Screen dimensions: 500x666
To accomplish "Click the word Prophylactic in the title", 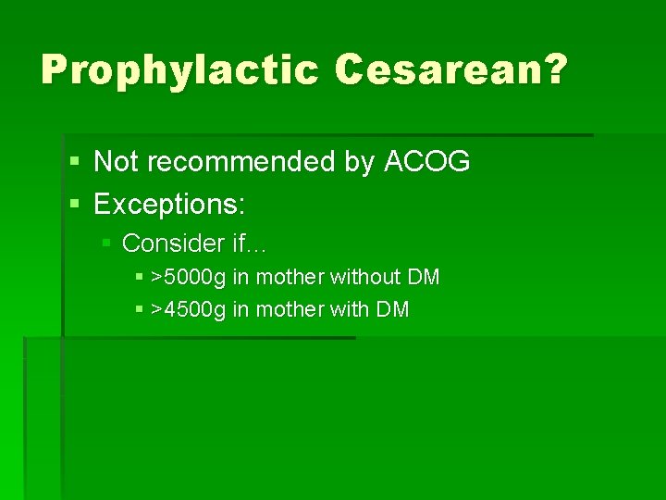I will pyautogui.click(x=179, y=69).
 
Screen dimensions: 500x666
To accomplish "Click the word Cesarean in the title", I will pyautogui.click(x=438, y=69).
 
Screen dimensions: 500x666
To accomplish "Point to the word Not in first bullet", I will pyautogui.click(x=115, y=162).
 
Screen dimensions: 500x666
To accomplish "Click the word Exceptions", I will pyautogui.click(x=169, y=202).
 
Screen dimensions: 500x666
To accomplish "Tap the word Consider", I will pyautogui.click(x=173, y=243).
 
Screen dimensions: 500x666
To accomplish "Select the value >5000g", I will pyautogui.click(x=189, y=277).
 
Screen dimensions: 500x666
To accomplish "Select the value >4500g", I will pyautogui.click(x=189, y=309).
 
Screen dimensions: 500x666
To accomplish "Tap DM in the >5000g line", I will pyautogui.click(x=424, y=277).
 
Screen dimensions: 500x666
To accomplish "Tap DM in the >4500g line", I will pyautogui.click(x=392, y=309).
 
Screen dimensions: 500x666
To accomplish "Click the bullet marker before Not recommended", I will pyautogui.click(x=74, y=163).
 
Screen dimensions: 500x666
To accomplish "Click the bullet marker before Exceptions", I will pyautogui.click(x=74, y=203).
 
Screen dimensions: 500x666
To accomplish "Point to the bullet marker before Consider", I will pyautogui.click(x=106, y=243).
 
